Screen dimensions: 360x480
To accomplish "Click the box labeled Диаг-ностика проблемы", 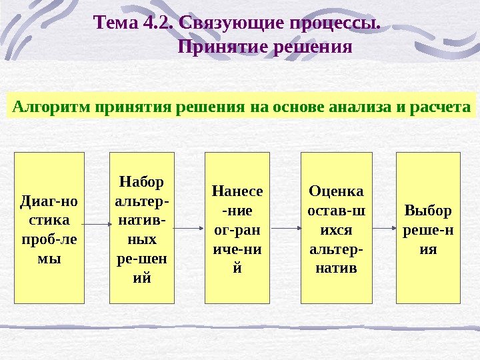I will [x=49, y=228].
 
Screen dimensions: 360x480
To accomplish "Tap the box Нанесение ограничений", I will [x=237, y=228].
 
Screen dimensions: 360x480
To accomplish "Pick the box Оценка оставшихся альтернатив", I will [x=337, y=228].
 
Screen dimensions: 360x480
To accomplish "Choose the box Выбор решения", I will [x=428, y=228].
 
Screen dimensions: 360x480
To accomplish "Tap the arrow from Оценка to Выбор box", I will [x=383, y=228].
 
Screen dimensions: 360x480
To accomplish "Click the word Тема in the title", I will [x=117, y=24].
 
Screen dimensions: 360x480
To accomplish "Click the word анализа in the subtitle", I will [x=360, y=106].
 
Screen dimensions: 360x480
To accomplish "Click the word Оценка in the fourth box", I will [x=337, y=192].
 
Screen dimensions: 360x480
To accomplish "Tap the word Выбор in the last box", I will [x=428, y=211].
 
